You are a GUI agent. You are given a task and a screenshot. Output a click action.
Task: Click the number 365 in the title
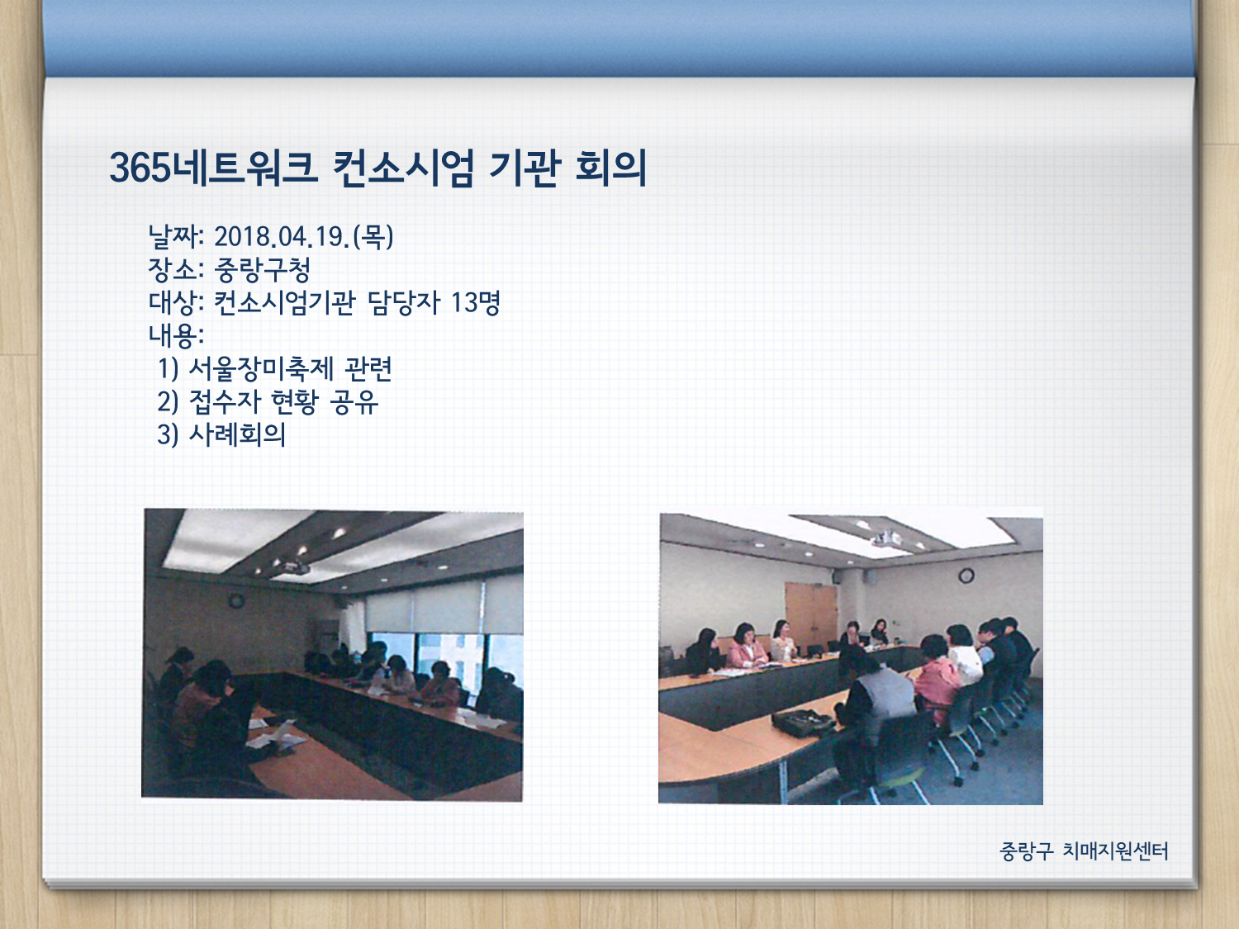[140, 168]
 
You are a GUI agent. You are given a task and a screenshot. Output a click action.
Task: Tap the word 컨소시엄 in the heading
[402, 168]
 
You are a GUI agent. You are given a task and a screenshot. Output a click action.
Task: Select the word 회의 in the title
[610, 168]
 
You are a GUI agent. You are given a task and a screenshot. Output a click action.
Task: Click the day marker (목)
[373, 236]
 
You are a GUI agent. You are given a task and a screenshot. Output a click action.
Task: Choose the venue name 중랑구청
[262, 270]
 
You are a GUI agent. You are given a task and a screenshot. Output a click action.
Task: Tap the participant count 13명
[475, 303]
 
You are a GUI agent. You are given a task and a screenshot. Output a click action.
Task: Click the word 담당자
[403, 303]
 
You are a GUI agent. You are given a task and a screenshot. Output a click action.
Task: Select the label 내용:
[176, 335]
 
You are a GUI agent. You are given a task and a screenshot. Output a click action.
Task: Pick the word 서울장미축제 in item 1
[261, 369]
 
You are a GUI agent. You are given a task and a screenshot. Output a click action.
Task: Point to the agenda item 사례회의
[237, 435]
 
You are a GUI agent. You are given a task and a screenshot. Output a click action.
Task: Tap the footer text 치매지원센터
[1115, 851]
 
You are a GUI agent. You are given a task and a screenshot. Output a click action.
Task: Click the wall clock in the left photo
[236, 601]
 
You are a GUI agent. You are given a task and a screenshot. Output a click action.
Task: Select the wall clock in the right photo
[966, 576]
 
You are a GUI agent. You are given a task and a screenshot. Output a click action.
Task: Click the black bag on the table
[802, 723]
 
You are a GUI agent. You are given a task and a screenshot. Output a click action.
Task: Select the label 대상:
[176, 303]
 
